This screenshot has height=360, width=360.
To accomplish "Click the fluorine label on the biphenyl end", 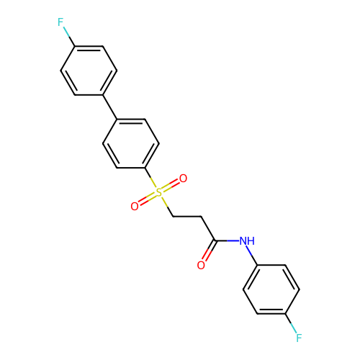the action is [x=60, y=22].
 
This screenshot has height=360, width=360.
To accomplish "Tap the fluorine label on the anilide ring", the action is [x=299, y=338].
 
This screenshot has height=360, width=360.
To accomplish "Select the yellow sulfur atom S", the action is [x=159, y=192].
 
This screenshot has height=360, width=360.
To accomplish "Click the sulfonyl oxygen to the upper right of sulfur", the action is [x=183, y=179].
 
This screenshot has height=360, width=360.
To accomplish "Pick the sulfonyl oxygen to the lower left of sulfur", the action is [x=135, y=207].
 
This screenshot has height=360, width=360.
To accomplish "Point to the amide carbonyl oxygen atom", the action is [x=201, y=265].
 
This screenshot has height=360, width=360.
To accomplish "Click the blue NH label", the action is [x=247, y=241].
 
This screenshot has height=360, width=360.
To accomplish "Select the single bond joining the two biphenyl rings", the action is [x=110, y=107].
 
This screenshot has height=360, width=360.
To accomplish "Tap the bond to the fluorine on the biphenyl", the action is [x=69, y=36].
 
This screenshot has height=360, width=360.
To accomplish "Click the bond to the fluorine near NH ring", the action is [x=291, y=323].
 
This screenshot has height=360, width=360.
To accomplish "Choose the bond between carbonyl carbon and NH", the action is [x=228, y=240].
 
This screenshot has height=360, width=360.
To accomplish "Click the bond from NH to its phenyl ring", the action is [x=253, y=256].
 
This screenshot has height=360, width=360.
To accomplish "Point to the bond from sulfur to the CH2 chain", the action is [x=167, y=207].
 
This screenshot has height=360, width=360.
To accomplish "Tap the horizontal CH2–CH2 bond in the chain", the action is [x=187, y=217].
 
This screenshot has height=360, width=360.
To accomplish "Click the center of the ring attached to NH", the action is [x=271, y=289].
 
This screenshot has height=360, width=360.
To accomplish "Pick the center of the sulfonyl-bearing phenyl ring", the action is [x=131, y=143].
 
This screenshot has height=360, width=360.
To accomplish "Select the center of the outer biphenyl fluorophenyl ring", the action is [x=89, y=71].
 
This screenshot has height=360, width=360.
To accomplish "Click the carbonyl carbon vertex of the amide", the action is [x=215, y=240].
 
